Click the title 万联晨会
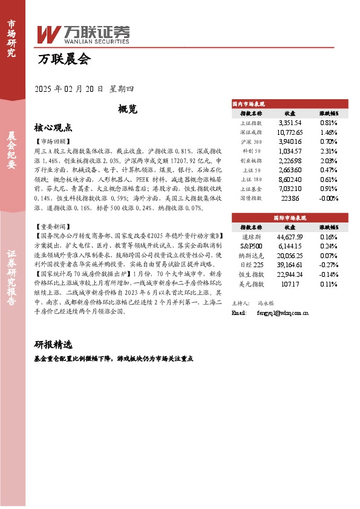point(64,59)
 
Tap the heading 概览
point(128,109)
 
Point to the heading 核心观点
point(53,128)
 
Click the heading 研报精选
point(53,345)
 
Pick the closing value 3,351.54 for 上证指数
point(290,122)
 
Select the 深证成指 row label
point(250,132)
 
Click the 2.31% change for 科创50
point(329,151)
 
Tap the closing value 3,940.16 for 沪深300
point(290,141)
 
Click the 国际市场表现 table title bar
point(289,217)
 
